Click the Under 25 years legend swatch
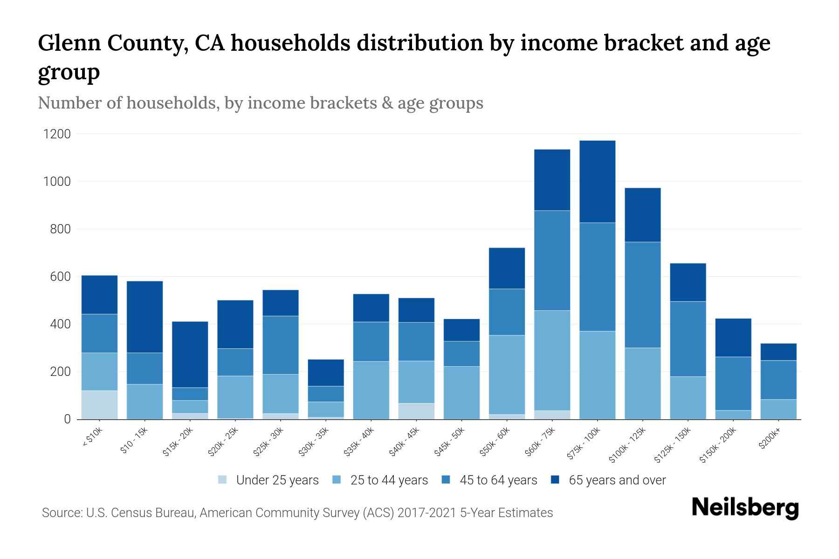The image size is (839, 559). pyautogui.click(x=222, y=479)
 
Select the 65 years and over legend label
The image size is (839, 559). pyautogui.click(x=617, y=480)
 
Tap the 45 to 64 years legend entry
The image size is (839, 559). pyautogui.click(x=498, y=480)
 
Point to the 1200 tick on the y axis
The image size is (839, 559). pyautogui.click(x=57, y=134)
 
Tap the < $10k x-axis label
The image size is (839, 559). pyautogui.click(x=93, y=438)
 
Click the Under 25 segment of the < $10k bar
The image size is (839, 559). pyautogui.click(x=99, y=405)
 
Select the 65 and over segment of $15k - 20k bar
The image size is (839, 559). pyautogui.click(x=190, y=354)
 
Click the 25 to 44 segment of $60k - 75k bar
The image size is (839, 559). pyautogui.click(x=552, y=360)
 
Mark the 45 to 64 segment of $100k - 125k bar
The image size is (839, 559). pyautogui.click(x=643, y=294)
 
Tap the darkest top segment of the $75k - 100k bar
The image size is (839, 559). pyautogui.click(x=597, y=181)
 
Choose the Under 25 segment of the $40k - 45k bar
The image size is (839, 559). pyautogui.click(x=416, y=411)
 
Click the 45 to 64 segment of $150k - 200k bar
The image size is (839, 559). pyautogui.click(x=733, y=383)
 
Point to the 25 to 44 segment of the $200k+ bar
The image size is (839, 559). pyautogui.click(x=778, y=409)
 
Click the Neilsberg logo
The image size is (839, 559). pyautogui.click(x=745, y=507)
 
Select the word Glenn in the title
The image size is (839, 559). pyautogui.click(x=69, y=43)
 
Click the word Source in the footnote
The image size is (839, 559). pyautogui.click(x=62, y=513)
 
